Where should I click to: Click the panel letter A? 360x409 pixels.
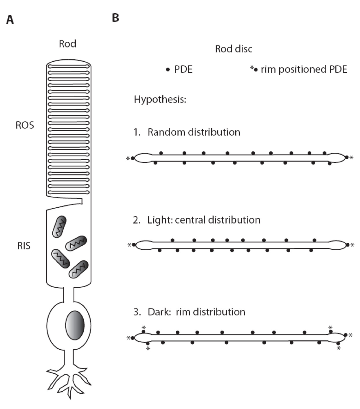[x=10, y=20]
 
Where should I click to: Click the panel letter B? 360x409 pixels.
[x=115, y=18]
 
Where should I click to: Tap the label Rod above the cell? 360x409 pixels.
[x=67, y=44]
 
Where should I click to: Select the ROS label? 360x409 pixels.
[x=25, y=125]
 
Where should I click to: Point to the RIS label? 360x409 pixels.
[x=24, y=246]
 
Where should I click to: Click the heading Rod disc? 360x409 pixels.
[x=234, y=49]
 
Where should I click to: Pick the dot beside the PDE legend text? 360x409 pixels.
[x=168, y=70]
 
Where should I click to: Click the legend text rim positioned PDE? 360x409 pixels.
[x=304, y=70]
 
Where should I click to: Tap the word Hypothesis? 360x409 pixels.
[x=160, y=99]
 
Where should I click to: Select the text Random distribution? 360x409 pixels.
[x=194, y=132]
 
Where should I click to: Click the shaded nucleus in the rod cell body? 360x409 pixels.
[x=75, y=325]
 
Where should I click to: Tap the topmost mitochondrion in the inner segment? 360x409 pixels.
[x=59, y=227]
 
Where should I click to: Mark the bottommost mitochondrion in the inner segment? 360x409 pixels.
[x=78, y=269]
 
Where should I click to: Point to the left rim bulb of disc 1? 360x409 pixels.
[x=143, y=158]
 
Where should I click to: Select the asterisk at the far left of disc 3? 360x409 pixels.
[x=128, y=338]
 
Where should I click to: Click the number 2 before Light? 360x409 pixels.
[x=136, y=220]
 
